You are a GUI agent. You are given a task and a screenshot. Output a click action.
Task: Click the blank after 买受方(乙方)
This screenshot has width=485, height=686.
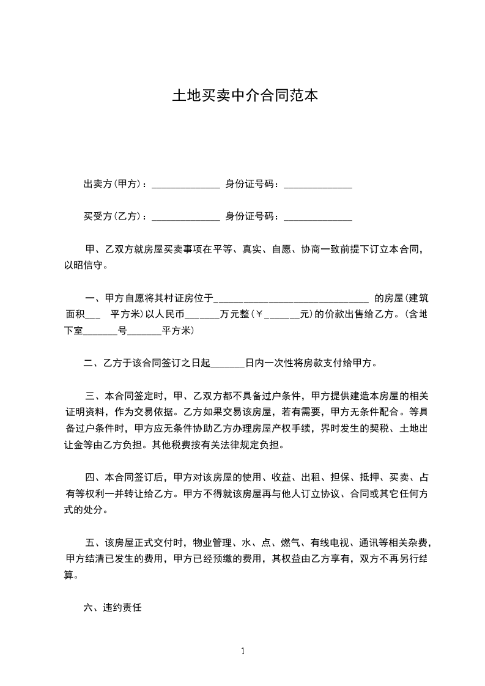coord(185,217)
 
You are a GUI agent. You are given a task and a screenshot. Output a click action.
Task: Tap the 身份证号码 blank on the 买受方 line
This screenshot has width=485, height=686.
coord(318,217)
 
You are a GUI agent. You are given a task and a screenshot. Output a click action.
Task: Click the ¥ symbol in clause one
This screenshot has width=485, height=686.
coord(257,315)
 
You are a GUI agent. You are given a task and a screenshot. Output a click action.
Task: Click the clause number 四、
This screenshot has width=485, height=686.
coord(94,476)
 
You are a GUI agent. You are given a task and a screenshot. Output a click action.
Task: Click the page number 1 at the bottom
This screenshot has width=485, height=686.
coord(243,651)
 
